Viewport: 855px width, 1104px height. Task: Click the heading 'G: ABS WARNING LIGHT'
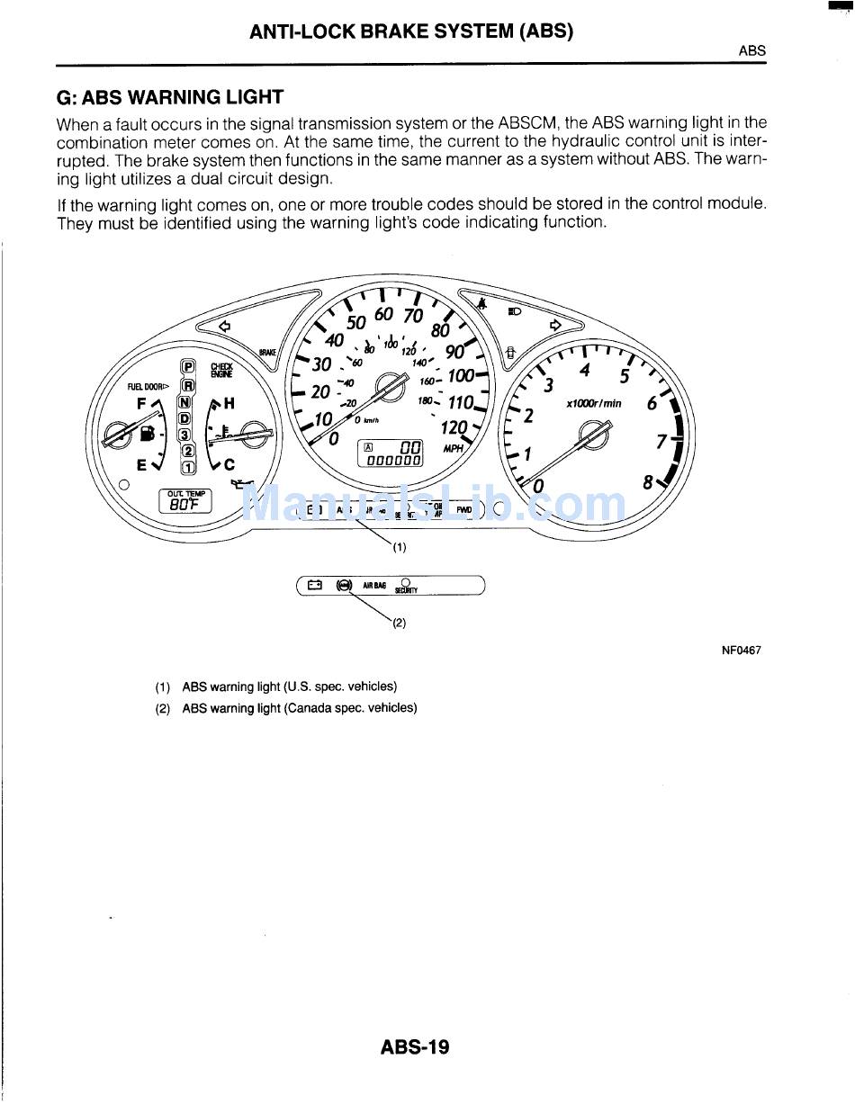169,97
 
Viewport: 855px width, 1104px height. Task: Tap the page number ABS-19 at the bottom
414,1047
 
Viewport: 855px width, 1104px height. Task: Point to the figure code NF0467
741,650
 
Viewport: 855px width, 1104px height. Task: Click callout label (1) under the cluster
399,546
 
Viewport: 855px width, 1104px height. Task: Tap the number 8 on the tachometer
648,482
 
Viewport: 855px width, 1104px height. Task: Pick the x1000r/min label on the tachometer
593,404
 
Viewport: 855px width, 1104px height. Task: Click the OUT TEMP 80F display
185,500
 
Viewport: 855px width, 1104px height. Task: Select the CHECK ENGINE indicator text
221,370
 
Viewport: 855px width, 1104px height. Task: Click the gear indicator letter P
188,367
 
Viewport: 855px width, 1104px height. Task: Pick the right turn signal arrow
555,324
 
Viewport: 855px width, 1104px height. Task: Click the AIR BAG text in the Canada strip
373,586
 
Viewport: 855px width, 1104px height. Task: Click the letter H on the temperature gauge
229,404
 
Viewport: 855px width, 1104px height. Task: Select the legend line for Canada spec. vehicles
299,708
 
